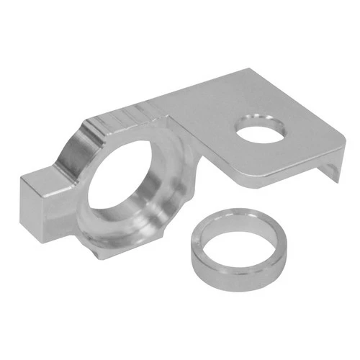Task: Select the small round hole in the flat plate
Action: [261, 132]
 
